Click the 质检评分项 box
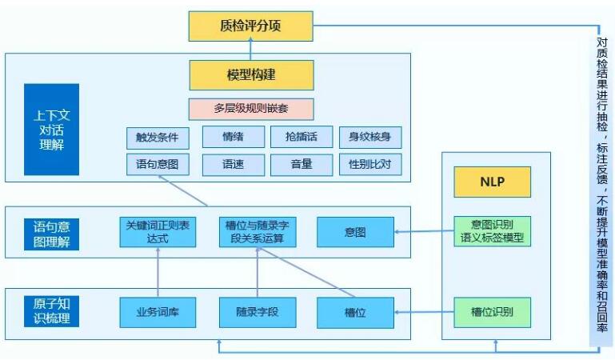250,26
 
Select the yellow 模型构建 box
250,74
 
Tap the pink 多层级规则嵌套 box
250,109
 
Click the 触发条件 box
158,138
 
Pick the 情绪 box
233,138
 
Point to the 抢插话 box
301,138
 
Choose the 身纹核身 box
369,138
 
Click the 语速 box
233,165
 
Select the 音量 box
301,165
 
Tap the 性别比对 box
369,165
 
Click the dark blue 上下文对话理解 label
51,130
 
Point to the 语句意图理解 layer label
51,232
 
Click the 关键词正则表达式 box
158,232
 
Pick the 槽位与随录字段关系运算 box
257,232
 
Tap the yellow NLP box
492,182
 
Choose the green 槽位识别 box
492,312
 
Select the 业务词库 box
158,312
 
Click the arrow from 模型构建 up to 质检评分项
250,50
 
